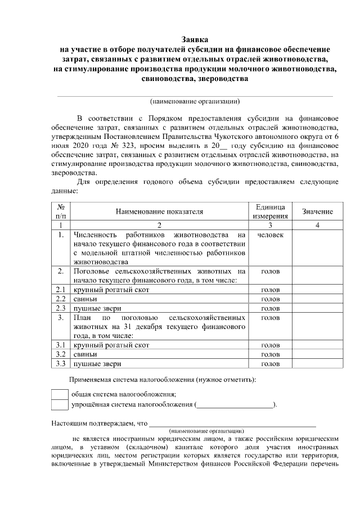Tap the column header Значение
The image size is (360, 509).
point(317,211)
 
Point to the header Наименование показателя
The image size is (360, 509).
point(159,211)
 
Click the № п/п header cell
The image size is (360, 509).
point(61,211)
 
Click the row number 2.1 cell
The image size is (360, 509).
point(61,289)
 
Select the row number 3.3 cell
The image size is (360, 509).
point(61,364)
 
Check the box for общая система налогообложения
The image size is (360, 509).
point(59,394)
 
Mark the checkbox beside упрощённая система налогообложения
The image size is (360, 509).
point(59,404)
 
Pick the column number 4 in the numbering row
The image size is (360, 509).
point(317,225)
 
